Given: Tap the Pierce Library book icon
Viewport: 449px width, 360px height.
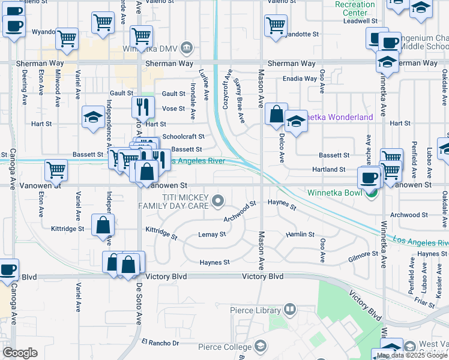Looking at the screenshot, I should click(290, 310).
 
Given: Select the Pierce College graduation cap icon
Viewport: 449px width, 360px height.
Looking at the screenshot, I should click(261, 346).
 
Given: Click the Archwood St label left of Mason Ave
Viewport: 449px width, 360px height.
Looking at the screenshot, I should click(240, 211).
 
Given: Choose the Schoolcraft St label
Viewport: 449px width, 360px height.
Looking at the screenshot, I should click(184, 137).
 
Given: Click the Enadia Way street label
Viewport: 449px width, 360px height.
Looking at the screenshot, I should click(300, 79).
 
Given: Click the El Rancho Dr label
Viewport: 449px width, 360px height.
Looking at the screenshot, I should click(160, 343).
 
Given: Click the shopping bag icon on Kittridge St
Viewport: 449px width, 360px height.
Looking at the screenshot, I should click(103, 224).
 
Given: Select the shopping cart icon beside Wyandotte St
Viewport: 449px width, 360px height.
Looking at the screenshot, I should click(276, 25).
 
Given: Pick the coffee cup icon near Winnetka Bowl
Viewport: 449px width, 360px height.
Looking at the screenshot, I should click(369, 177).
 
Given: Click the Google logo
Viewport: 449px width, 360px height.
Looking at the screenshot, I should click(20, 353).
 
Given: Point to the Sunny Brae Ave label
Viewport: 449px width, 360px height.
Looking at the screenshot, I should click(240, 100).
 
